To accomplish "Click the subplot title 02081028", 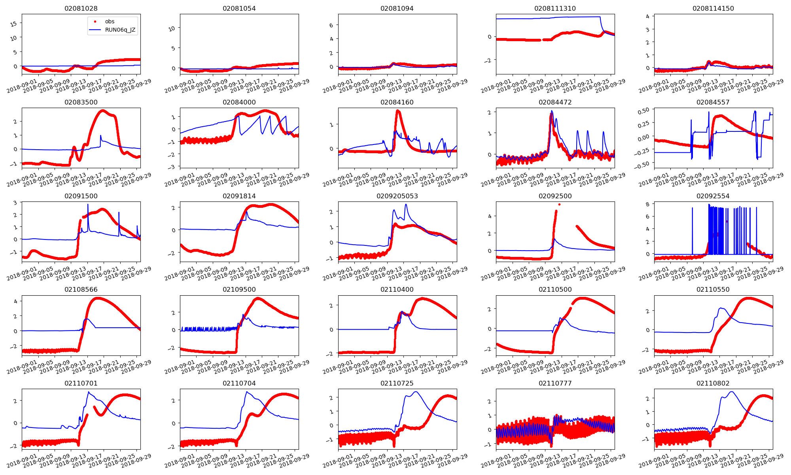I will click(x=81, y=8).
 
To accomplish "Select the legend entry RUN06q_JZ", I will click(x=120, y=30).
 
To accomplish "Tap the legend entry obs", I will click(x=110, y=21).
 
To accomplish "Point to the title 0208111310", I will click(x=555, y=8).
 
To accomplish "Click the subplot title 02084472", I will click(x=555, y=102).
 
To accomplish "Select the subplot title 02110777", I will click(x=555, y=383).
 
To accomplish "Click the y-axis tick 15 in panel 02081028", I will click(x=14, y=24).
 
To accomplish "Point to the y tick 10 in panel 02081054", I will click(x=172, y=28).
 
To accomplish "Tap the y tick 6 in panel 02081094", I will click(x=331, y=25).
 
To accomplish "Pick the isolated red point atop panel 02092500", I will click(x=559, y=205).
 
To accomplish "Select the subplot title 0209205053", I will click(x=397, y=196).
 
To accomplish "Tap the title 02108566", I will click(x=81, y=289).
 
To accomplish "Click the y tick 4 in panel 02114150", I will click(x=647, y=16).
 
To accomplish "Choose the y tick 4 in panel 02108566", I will click(x=15, y=301).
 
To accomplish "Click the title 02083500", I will click(x=81, y=102).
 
